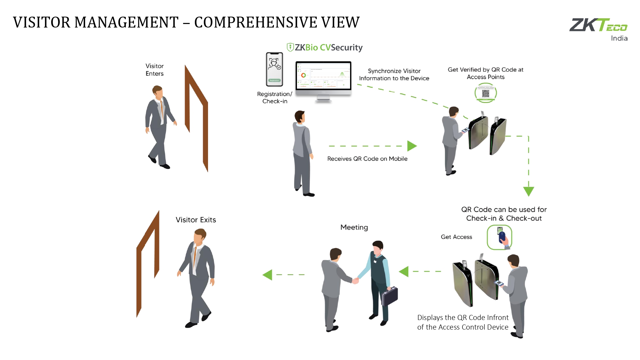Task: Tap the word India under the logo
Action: pos(619,38)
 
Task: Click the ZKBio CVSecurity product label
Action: pos(324,48)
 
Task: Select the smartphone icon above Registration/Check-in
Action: pos(275,69)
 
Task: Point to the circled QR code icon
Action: pos(485,93)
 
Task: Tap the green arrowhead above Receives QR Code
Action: pos(412,146)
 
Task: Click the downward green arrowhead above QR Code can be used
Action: pos(528,191)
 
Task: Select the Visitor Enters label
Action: pos(155,70)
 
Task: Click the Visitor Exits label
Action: pos(196,220)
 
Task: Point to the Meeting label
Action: pos(354,227)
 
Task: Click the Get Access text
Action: pos(456,237)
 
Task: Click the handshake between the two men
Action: pos(355,281)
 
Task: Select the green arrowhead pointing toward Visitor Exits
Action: pos(268,275)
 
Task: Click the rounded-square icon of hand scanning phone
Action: pos(499,237)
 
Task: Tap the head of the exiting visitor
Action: pos(200,236)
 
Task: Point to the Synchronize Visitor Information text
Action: pos(394,75)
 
